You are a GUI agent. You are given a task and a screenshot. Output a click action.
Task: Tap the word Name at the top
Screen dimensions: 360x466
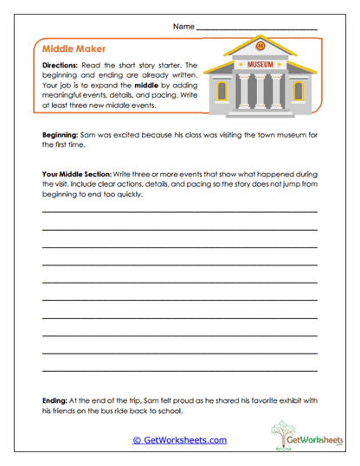[x=183, y=28]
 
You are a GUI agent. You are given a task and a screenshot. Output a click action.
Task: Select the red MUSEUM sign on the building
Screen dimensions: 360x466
[x=260, y=65]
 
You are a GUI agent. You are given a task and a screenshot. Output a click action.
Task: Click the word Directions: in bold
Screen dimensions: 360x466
[x=61, y=66]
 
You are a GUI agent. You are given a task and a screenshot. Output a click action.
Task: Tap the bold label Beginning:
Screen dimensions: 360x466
[x=61, y=136]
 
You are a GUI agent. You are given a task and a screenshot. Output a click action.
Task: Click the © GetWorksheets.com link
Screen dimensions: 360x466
[x=179, y=440]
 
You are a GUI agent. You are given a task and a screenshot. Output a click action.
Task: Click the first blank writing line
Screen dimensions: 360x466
[x=179, y=211]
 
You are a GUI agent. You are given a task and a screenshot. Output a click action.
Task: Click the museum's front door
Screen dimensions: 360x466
[x=260, y=94]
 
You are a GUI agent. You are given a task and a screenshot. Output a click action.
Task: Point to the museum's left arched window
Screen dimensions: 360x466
[x=222, y=91]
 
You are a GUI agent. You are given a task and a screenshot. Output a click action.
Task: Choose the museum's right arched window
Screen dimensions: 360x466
[x=298, y=91]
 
